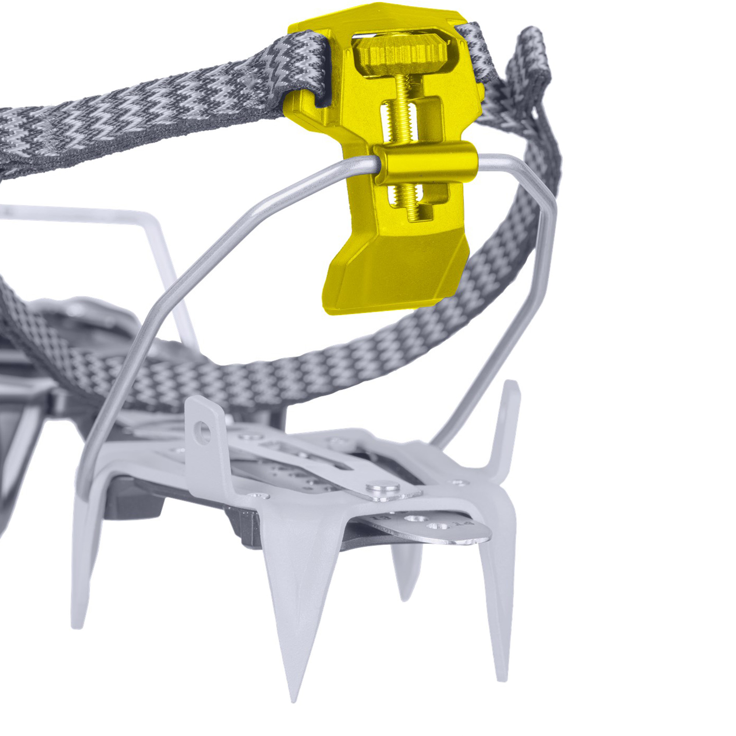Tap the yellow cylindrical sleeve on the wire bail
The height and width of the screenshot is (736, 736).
(425, 163)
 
